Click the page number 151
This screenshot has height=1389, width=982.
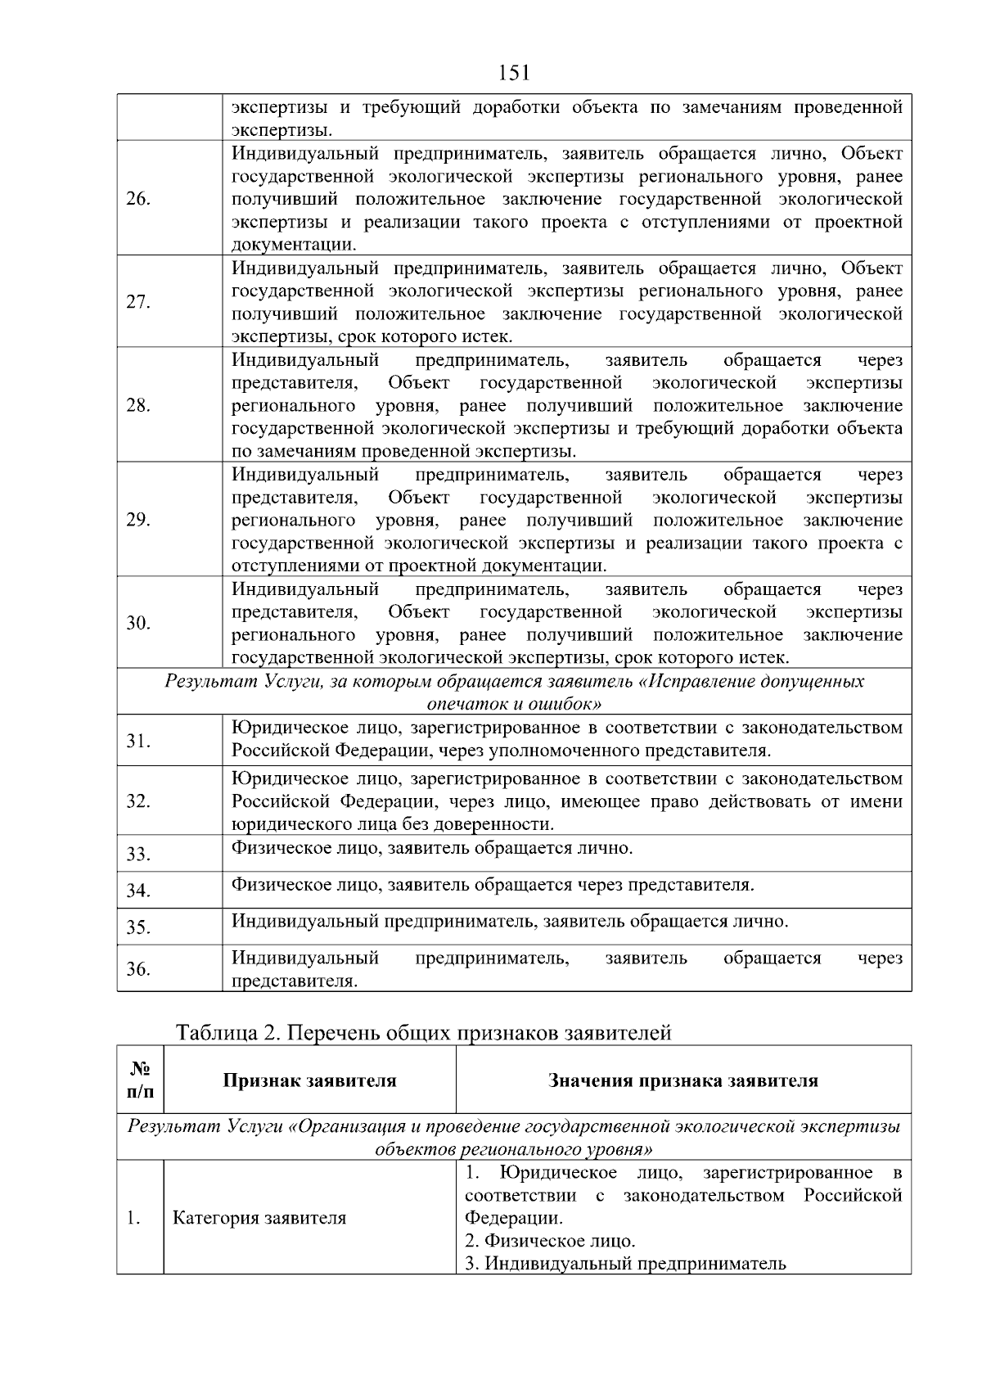[514, 74]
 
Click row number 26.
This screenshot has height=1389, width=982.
[137, 200]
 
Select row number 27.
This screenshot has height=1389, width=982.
[137, 302]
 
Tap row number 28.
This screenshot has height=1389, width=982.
[137, 406]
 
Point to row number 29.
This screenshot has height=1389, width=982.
[137, 521]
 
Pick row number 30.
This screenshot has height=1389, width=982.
[137, 624]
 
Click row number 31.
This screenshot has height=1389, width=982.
[137, 742]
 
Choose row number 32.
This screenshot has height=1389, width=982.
[137, 801]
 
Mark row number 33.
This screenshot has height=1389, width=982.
[137, 855]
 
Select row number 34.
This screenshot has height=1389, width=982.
[137, 891]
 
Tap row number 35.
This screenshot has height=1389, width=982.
[137, 927]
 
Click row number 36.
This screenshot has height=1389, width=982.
[137, 969]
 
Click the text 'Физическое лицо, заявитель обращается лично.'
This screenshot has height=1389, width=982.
[432, 848]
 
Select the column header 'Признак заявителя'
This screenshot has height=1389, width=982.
[309, 1080]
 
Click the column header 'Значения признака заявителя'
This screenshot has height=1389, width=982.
[682, 1080]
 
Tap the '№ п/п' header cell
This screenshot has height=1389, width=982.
[140, 1080]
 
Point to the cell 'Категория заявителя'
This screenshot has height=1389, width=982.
[259, 1218]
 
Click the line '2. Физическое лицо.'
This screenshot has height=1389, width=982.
[550, 1241]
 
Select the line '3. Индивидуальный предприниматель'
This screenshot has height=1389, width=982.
[625, 1264]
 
